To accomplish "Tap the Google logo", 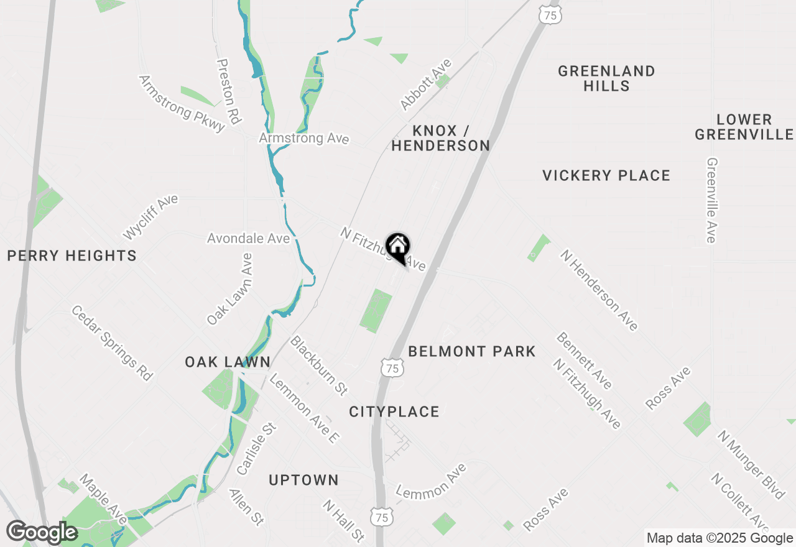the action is tap(42, 532).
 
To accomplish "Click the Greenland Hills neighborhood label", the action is tap(606, 78).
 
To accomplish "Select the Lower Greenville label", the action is tap(744, 127).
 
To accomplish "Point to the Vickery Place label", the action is tap(606, 176).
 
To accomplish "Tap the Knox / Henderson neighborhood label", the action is tap(441, 138).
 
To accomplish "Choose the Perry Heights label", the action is tap(72, 255).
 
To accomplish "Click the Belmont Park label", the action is tap(472, 351).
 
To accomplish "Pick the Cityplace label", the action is tap(394, 411).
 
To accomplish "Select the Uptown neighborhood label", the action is tap(304, 480).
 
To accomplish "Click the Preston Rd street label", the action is tap(228, 91).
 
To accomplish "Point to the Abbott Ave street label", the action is tap(426, 85).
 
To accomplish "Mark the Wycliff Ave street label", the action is tap(150, 217).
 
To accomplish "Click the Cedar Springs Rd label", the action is tap(112, 342).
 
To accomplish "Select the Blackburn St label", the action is tap(319, 365).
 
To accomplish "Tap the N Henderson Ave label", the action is tap(599, 290).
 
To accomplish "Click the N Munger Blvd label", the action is tap(751, 464).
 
